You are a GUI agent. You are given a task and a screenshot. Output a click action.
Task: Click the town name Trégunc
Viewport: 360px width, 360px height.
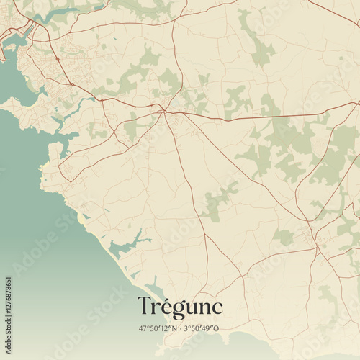[180, 307]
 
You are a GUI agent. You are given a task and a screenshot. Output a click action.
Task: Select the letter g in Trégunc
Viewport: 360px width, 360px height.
[176, 310]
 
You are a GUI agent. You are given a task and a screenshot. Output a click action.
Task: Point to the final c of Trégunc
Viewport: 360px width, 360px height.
[217, 308]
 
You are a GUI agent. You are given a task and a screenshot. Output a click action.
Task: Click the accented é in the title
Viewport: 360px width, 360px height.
[164, 307]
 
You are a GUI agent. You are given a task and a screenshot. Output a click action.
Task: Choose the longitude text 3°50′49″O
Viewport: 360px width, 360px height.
[204, 328]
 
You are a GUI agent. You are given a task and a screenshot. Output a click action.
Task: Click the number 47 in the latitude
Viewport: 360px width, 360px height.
[143, 328]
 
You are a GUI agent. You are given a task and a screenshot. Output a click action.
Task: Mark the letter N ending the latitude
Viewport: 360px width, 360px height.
[176, 328]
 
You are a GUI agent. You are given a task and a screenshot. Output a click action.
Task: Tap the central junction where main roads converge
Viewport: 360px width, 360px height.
[165, 111]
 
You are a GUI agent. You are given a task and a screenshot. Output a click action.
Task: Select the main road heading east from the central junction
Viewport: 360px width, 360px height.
[252, 117]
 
